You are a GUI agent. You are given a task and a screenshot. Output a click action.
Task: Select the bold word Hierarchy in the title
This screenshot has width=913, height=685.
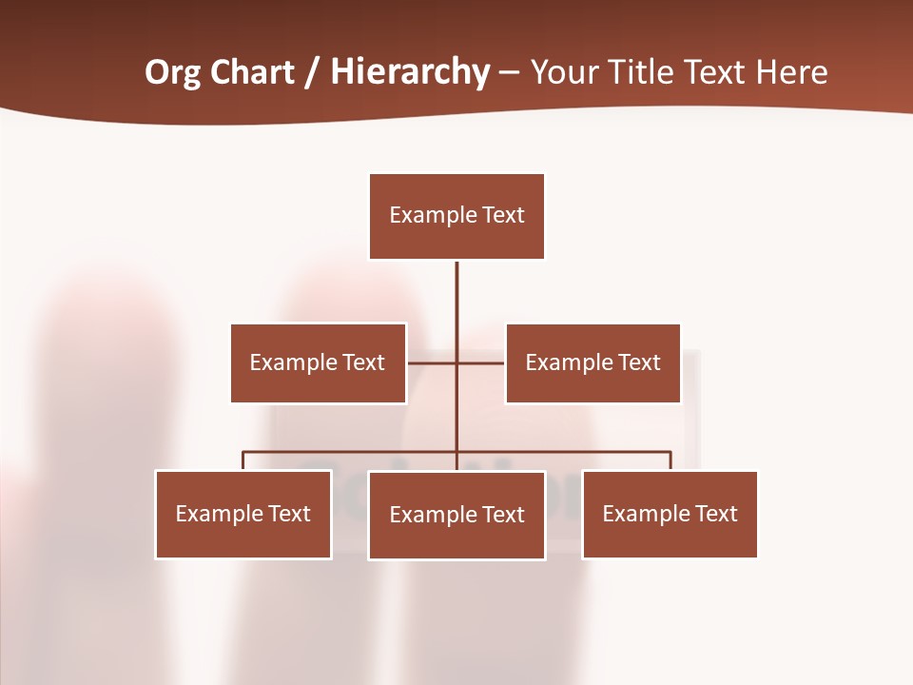point(410,72)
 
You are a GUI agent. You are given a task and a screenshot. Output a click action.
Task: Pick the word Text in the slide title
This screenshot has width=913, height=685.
point(716,72)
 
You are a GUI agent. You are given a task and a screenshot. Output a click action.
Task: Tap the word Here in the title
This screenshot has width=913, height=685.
point(791,72)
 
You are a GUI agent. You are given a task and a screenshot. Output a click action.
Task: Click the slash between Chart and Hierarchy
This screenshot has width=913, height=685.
point(313,73)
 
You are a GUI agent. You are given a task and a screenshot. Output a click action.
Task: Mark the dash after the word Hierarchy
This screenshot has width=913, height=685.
point(509,73)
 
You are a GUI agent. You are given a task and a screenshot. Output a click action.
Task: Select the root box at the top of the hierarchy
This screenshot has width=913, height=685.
point(456,216)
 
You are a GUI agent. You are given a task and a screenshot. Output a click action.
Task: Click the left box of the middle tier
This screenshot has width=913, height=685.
point(318,362)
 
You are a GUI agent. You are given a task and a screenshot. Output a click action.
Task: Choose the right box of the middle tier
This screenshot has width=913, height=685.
point(592,362)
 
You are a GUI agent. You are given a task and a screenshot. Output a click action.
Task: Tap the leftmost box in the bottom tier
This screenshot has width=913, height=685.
point(243,515)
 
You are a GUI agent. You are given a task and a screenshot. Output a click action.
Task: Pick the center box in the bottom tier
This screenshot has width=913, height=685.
point(456,516)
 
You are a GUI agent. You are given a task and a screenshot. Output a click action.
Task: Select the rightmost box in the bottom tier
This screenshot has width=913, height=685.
point(670,515)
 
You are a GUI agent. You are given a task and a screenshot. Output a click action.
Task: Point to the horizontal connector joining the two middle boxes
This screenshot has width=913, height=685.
point(433,362)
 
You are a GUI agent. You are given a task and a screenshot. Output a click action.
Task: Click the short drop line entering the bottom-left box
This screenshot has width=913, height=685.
point(243,460)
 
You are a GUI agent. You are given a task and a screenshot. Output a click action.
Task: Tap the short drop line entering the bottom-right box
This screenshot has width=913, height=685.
point(670,460)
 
